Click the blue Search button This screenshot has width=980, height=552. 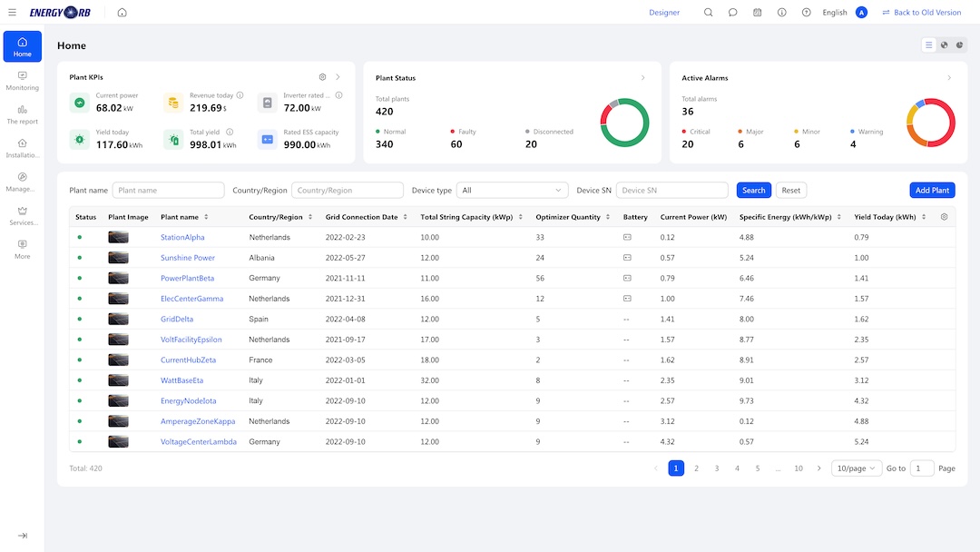(753, 190)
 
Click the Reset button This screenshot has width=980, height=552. (790, 190)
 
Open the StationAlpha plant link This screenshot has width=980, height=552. (182, 237)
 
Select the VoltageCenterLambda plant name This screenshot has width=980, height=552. (199, 441)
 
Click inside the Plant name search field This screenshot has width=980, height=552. (168, 190)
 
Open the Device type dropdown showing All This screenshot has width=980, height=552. (512, 190)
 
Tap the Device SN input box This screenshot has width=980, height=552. (671, 190)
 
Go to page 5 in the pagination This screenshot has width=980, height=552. (758, 468)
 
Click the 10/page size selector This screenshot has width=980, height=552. (856, 468)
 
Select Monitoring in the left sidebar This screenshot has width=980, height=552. (23, 81)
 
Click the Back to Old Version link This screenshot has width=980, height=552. (921, 13)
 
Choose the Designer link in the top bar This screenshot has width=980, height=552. (663, 13)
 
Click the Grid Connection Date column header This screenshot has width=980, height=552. (361, 217)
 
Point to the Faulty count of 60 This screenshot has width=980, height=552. (456, 144)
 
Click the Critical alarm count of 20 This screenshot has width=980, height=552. (688, 144)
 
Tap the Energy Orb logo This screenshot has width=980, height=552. (60, 13)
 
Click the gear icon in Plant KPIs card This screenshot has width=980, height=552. (322, 77)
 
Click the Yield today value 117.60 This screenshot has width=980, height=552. (112, 144)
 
